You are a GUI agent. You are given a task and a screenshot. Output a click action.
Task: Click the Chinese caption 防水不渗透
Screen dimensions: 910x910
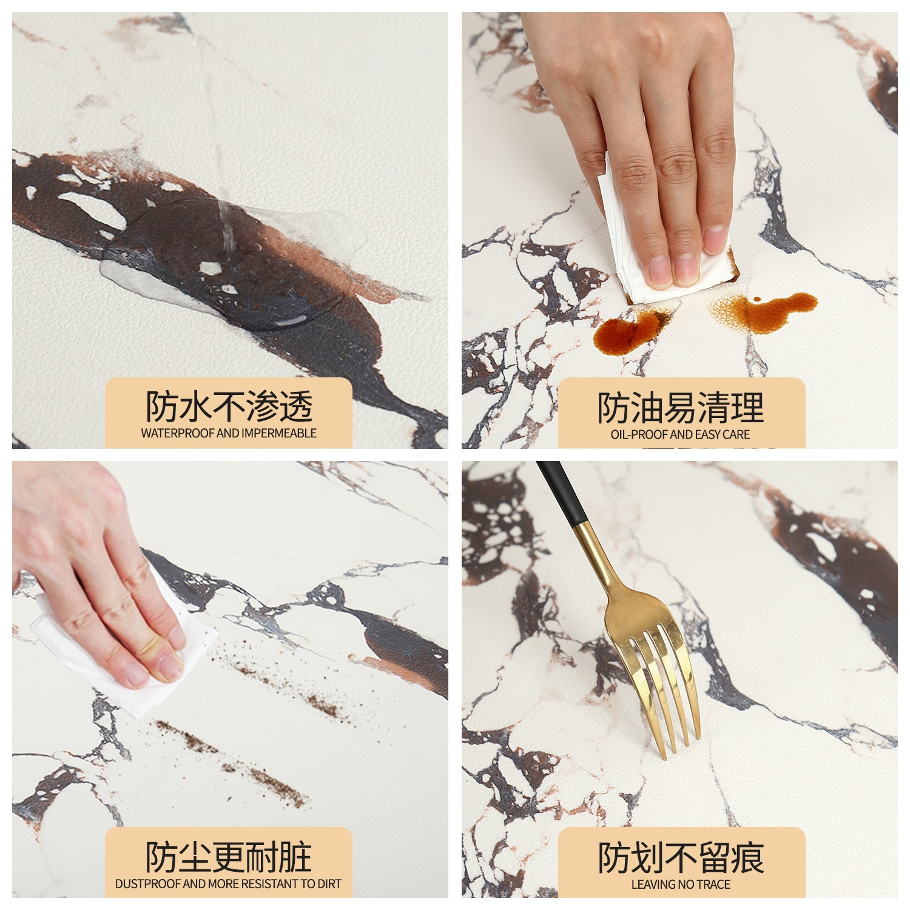[229, 406]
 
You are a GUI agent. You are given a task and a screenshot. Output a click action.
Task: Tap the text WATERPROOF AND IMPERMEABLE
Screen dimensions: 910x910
[229, 433]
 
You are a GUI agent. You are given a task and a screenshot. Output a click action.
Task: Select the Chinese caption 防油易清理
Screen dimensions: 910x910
[681, 407]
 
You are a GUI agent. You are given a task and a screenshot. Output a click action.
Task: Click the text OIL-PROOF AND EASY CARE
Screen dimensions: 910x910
[680, 434]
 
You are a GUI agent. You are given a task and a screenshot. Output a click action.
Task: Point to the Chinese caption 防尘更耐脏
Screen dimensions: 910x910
[229, 857]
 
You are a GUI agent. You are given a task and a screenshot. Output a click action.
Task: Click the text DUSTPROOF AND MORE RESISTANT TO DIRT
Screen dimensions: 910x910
[229, 884]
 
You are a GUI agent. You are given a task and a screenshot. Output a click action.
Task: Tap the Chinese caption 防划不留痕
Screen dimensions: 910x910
[681, 857]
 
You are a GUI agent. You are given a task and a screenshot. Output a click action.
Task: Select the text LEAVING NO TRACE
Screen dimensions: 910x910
[681, 885]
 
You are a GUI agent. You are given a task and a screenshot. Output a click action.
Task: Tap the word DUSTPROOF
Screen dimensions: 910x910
[147, 884]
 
